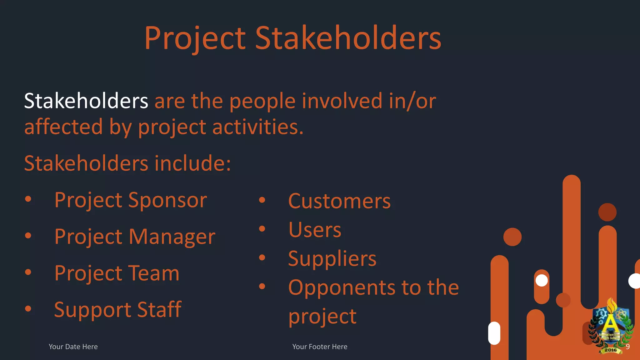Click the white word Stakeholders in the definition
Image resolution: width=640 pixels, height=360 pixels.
(86, 101)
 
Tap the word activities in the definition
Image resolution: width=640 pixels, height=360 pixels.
(258, 127)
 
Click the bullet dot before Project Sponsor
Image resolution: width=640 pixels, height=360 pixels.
(28, 199)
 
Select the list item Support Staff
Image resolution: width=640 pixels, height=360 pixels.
(117, 310)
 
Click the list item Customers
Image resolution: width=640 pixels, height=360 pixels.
(339, 201)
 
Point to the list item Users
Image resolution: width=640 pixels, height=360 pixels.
(314, 230)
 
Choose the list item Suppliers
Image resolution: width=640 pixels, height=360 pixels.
(332, 259)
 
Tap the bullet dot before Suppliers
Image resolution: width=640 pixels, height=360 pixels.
(262, 257)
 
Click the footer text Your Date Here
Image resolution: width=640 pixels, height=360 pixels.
(73, 347)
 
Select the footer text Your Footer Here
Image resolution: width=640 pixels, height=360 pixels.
(320, 347)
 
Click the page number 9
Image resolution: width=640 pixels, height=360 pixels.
(627, 347)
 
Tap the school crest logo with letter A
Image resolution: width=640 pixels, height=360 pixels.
(610, 327)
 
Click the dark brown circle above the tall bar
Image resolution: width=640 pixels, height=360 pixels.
(607, 212)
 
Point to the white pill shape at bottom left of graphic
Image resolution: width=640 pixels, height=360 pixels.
(494, 333)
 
